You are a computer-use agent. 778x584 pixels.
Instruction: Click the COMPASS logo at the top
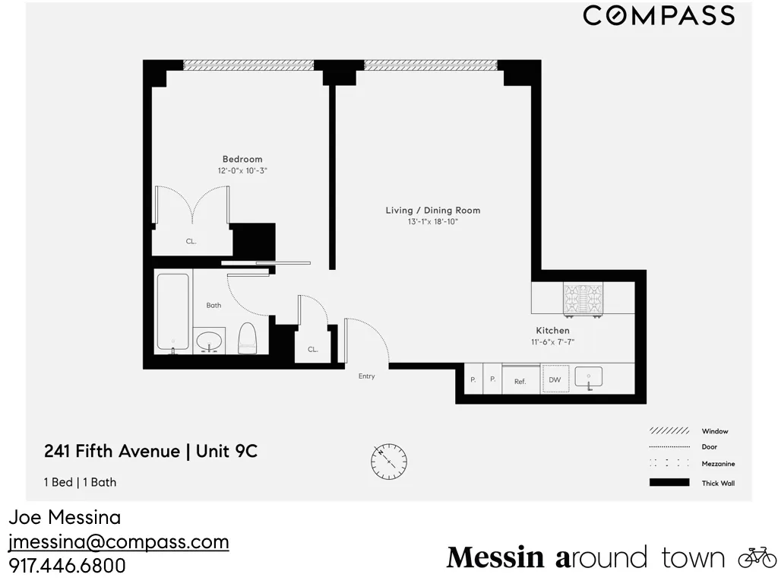(658, 16)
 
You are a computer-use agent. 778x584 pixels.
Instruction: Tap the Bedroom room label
(242, 159)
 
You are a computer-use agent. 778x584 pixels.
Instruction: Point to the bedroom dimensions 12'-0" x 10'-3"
(242, 171)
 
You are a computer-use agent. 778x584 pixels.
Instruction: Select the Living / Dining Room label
(432, 211)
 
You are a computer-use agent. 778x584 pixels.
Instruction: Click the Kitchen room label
(552, 331)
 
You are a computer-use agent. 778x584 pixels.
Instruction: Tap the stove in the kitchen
(583, 300)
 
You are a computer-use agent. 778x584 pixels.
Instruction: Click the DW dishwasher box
(555, 379)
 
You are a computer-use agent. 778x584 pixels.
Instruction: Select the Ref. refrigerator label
(520, 382)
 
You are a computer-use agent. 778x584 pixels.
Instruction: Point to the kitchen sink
(588, 377)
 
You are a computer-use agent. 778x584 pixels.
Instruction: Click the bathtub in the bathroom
(172, 313)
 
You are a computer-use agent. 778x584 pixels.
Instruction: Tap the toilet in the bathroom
(248, 338)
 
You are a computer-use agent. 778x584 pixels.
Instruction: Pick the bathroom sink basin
(209, 342)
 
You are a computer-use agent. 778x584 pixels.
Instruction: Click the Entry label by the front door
(366, 376)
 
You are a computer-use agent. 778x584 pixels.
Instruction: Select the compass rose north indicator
(389, 461)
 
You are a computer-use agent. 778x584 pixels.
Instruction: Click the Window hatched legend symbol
(669, 431)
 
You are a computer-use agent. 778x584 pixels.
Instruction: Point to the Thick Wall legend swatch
(669, 483)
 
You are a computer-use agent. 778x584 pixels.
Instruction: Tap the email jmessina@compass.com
(119, 542)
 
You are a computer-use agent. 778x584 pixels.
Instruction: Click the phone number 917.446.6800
(67, 567)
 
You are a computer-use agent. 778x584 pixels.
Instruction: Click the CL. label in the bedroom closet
(191, 241)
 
